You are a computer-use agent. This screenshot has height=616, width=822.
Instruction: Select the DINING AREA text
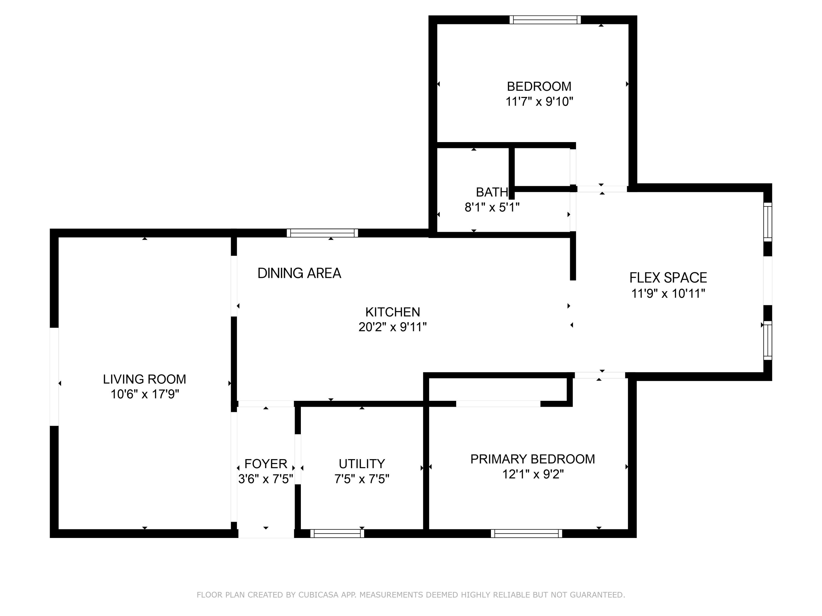[299, 273]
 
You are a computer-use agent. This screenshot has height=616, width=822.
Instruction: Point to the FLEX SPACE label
[668, 278]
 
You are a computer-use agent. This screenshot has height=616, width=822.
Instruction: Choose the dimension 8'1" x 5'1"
[492, 207]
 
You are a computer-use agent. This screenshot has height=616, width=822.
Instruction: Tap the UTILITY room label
[362, 464]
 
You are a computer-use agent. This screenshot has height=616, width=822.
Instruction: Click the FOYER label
[266, 464]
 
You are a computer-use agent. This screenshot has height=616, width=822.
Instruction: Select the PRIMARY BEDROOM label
[532, 459]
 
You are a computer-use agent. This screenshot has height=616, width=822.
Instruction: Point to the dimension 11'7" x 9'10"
[539, 101]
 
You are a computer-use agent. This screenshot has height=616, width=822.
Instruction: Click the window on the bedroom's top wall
[545, 20]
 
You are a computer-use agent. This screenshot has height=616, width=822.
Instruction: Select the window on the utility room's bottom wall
[337, 534]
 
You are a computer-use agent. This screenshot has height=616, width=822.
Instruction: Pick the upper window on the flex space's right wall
[768, 222]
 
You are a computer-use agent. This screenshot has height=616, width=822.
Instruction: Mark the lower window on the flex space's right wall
[768, 340]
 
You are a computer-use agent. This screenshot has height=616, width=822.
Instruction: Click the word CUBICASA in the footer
[318, 595]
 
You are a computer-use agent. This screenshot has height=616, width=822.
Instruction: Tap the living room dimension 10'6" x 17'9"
[145, 394]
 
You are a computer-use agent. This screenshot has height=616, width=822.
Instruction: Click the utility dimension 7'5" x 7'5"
[362, 479]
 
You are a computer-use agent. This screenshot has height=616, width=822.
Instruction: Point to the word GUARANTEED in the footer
[597, 595]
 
